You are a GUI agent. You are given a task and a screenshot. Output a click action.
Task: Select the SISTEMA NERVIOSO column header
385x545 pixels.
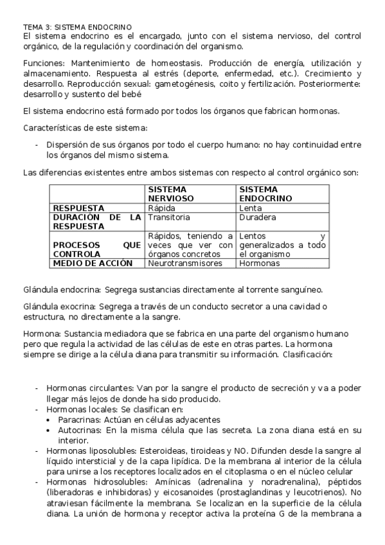170,194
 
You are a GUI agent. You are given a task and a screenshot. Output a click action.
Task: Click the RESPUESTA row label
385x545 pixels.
78,208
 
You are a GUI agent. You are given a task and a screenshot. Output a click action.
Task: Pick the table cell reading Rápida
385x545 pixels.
161,208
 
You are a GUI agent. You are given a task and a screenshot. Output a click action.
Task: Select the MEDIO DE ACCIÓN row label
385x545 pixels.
93,263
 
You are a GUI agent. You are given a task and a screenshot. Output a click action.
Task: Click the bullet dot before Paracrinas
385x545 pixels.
49,419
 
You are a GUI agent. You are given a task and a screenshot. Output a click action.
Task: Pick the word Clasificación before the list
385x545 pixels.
307,354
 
